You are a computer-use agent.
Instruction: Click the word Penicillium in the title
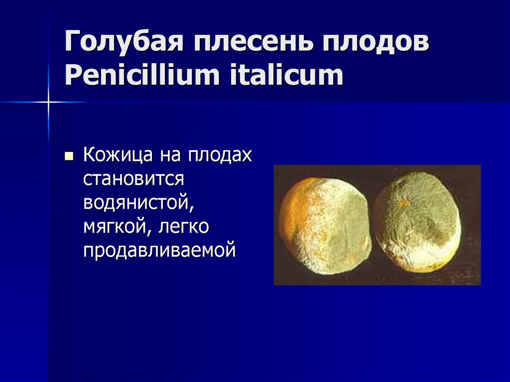141,76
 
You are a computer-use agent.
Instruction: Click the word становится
134,178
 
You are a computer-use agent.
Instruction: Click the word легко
184,227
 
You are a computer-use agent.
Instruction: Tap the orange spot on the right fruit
404,204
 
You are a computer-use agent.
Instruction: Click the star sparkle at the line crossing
49,102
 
